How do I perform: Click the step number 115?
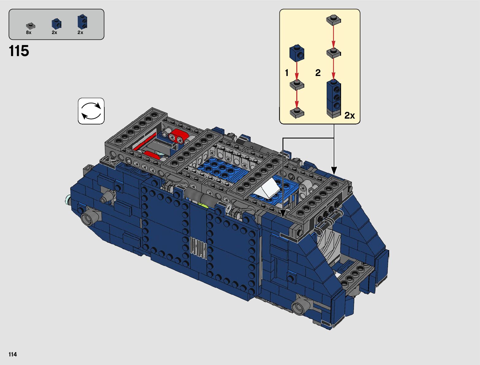click(19, 51)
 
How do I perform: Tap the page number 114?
click(13, 354)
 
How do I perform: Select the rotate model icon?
click(91, 111)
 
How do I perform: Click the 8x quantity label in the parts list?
click(29, 32)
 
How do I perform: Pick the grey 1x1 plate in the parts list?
click(31, 26)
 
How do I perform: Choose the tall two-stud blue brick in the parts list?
click(83, 22)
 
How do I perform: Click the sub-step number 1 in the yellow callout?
click(287, 73)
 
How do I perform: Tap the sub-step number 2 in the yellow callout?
click(318, 73)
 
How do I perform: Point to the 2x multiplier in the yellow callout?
click(349, 115)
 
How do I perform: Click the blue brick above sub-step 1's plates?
click(297, 53)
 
